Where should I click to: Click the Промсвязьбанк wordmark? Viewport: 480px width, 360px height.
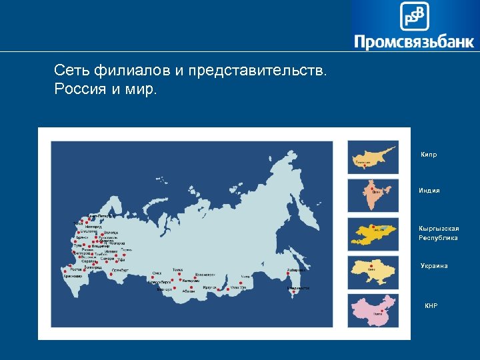coord(414,43)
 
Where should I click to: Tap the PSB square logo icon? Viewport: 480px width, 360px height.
coord(414,15)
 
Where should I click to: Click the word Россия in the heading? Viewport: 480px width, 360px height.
coord(77,89)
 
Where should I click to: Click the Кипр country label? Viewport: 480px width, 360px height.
coord(429,155)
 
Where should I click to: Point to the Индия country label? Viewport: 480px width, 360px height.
coord(429,191)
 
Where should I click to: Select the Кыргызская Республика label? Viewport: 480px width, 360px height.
coord(438,233)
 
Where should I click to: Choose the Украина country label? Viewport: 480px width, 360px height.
coord(434,266)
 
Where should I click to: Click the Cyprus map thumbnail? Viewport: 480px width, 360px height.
coord(373,157)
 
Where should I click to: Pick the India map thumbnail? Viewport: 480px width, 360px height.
coord(373,195)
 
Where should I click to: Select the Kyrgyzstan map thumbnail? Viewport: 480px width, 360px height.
coord(373,234)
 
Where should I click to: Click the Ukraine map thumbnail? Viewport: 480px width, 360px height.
coord(373,272)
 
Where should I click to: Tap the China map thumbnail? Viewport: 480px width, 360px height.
coord(373,310)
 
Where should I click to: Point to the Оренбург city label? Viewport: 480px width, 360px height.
coord(120,270)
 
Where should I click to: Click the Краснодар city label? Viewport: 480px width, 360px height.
coord(73,275)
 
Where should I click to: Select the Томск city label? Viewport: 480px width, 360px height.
coord(177,270)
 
